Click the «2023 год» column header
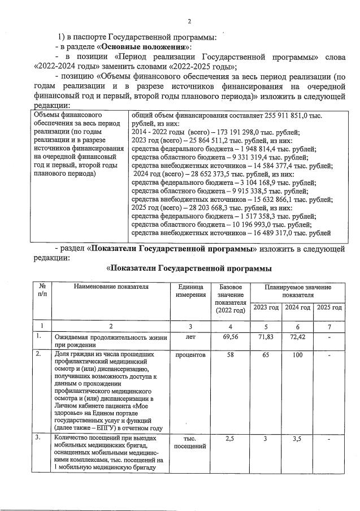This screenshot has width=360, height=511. [266, 307]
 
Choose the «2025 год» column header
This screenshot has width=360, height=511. [329, 307]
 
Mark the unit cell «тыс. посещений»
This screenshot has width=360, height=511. [191, 442]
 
